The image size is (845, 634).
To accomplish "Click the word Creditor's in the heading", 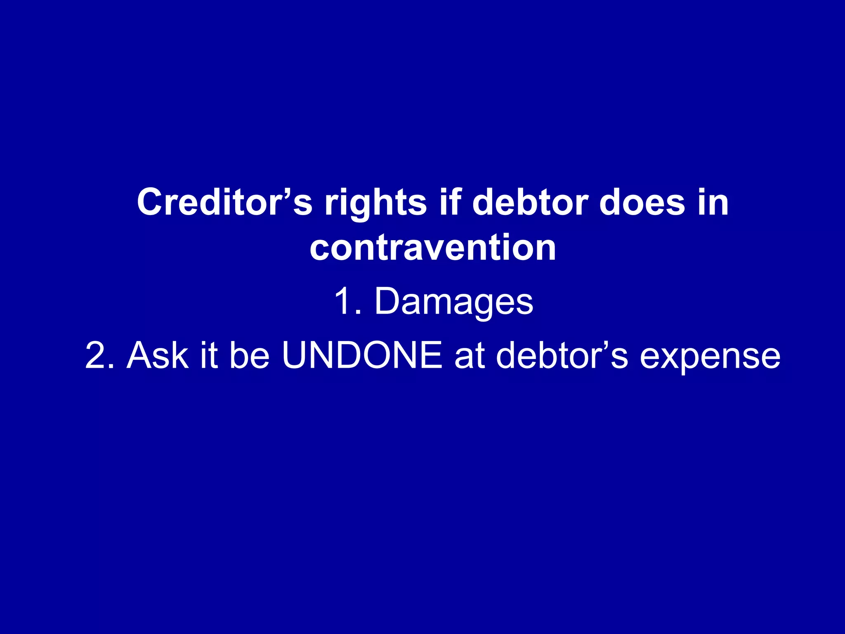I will click(224, 202).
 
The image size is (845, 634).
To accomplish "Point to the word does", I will click(642, 202).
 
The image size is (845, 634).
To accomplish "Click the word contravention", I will click(433, 248).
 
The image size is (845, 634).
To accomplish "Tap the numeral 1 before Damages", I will click(342, 301).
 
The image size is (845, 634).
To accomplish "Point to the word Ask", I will click(158, 355).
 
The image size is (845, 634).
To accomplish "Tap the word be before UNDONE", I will click(250, 355).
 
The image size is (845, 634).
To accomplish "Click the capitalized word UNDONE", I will click(362, 355).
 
